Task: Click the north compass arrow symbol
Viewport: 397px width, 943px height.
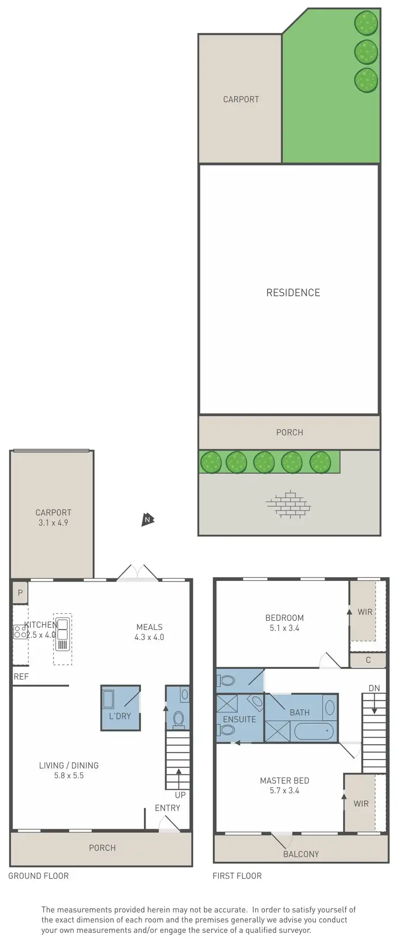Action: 148,519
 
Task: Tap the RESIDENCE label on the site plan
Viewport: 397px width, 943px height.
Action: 293,293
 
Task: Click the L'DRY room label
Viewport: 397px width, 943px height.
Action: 120,716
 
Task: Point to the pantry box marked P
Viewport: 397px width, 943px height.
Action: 20,593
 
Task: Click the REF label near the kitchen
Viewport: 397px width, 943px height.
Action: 21,676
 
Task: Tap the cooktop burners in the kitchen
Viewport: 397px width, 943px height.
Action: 20,631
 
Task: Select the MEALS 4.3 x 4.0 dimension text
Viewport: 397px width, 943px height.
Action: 149,637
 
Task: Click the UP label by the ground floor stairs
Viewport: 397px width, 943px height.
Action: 180,795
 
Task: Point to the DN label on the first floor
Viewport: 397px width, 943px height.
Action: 374,689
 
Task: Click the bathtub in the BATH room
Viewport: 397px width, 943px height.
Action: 314,732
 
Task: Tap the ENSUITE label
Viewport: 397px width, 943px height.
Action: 239,719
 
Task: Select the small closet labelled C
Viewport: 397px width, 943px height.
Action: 368,660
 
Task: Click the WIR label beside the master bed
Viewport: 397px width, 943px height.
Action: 361,804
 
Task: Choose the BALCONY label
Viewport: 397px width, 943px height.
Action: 301,854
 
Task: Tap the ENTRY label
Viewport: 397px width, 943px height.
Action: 167,808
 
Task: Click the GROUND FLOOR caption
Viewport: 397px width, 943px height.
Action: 39,876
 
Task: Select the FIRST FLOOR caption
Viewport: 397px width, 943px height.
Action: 237,876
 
